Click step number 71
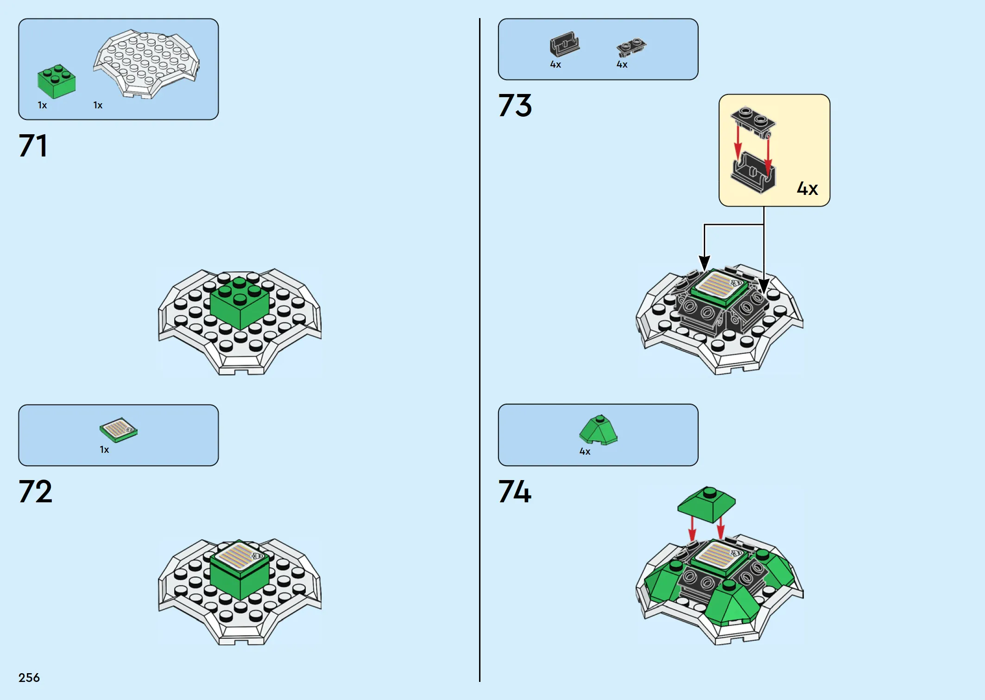tap(32, 146)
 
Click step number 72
tap(35, 491)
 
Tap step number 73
tap(515, 106)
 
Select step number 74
tap(515, 491)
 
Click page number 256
tap(29, 678)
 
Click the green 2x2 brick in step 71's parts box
tap(56, 81)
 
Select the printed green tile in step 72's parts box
tap(119, 430)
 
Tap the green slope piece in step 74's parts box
tap(598, 430)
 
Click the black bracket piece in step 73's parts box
tap(564, 44)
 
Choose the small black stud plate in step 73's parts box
tap(631, 47)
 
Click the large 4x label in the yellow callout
tap(807, 188)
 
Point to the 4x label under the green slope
tap(585, 451)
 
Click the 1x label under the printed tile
tap(104, 450)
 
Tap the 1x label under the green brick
tap(42, 105)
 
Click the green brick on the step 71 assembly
tap(240, 303)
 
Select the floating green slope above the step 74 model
tap(706, 504)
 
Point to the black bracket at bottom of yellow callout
tap(753, 173)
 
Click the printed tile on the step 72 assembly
tap(240, 555)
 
